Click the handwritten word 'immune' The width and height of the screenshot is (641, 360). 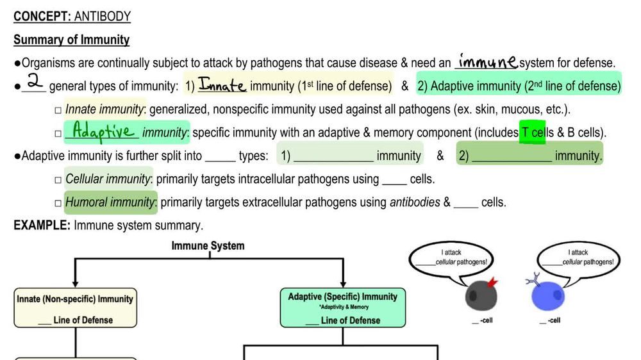pos(487,61)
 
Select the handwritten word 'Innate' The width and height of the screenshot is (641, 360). pos(222,85)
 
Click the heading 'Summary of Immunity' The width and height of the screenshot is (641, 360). pos(71,40)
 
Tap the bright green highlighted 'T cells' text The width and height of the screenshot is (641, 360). pos(533,133)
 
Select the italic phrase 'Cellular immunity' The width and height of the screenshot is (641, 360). pos(109,179)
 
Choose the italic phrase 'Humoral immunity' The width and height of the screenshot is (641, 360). pos(111,202)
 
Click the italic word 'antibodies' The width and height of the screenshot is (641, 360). pos(415,202)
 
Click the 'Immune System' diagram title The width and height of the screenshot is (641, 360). pos(208,245)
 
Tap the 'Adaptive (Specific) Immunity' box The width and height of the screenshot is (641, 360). pos(342,307)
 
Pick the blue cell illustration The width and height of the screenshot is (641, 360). pos(549,296)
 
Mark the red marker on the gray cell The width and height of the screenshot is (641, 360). pos(492,282)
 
